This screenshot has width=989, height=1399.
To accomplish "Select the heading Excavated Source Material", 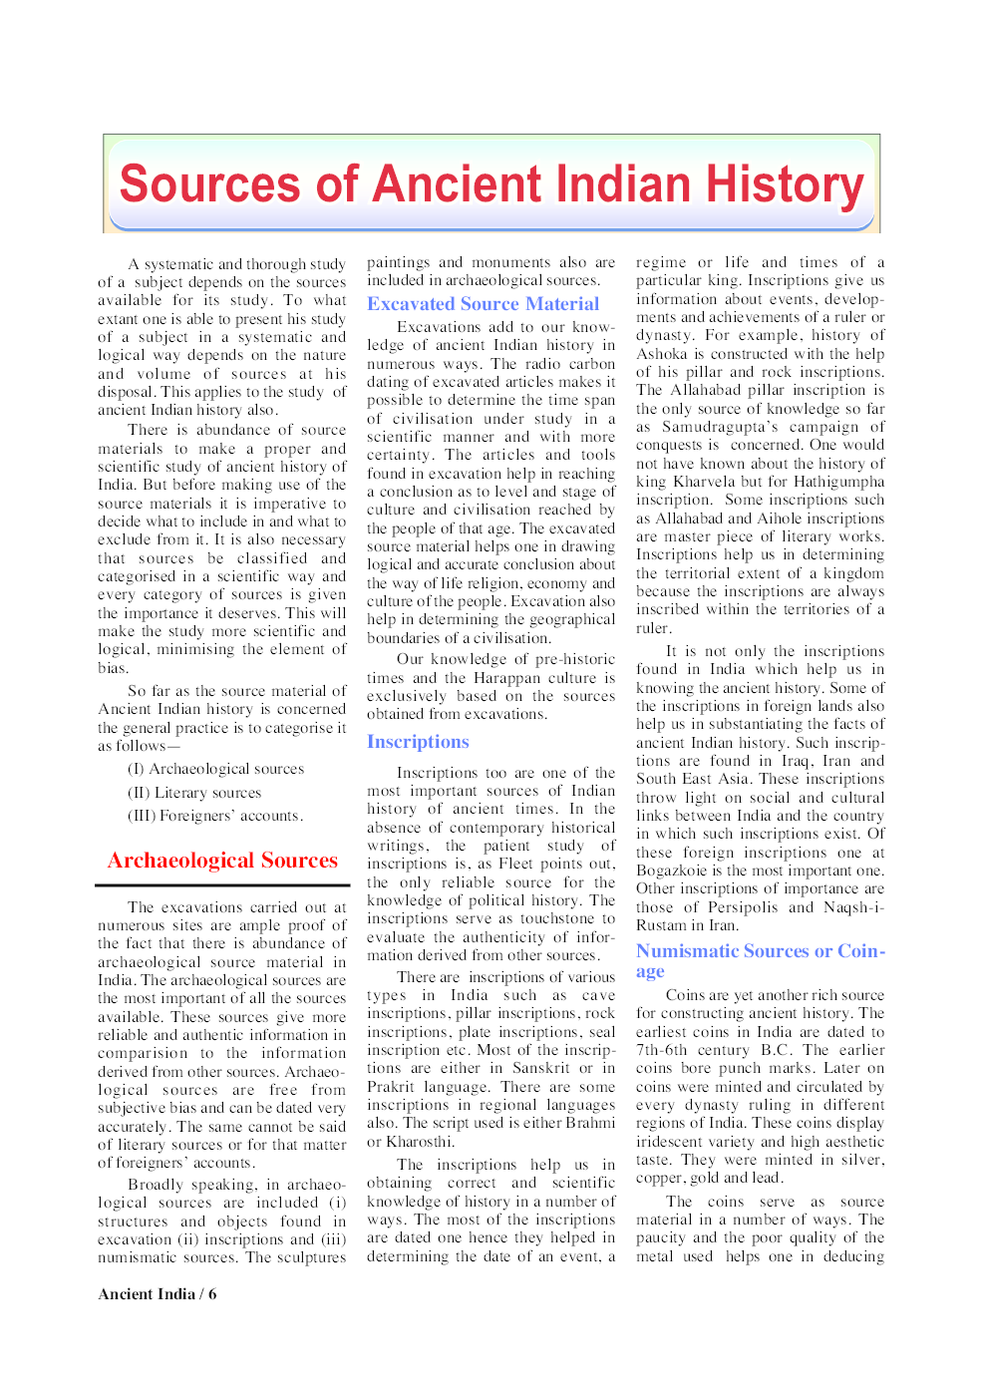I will click(x=483, y=304).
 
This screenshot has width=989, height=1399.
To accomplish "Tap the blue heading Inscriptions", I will click(x=418, y=742).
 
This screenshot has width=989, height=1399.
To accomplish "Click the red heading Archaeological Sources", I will click(x=222, y=861).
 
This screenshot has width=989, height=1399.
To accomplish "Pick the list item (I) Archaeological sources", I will click(x=216, y=769).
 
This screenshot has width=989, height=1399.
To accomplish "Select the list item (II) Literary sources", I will click(x=194, y=793).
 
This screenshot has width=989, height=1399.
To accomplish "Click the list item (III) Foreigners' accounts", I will click(x=215, y=816).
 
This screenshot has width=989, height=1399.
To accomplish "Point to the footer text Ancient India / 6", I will click(x=158, y=1294).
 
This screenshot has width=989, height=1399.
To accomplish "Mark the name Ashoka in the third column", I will click(x=662, y=354).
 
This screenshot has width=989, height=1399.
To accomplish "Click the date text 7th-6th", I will click(x=662, y=1050).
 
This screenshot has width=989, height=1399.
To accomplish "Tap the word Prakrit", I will click(x=389, y=1087).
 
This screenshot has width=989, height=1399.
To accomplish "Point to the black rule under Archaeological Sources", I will click(x=222, y=885).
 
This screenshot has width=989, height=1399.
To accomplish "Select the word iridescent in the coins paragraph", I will click(x=673, y=1142).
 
